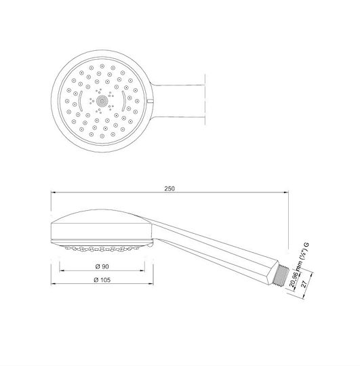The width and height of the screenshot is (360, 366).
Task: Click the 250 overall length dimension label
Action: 169,188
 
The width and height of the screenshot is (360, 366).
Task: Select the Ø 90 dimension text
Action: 102,266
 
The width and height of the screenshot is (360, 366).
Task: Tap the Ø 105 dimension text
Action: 102,280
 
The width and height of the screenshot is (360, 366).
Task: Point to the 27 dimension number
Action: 304,284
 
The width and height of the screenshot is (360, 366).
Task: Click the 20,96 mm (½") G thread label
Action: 299,265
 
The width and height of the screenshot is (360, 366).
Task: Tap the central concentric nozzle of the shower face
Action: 102,101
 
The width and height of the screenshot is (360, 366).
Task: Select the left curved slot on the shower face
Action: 80,101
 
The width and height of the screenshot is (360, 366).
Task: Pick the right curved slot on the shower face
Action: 123,101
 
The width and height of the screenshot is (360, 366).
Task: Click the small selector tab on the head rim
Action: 151,101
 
